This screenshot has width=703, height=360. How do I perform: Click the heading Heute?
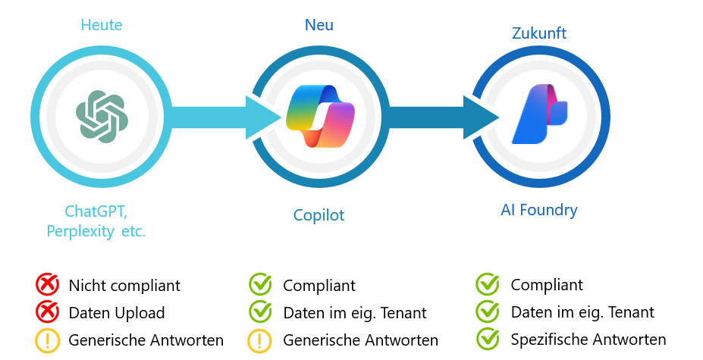tap(102, 26)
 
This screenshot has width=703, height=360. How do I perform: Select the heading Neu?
tap(319, 26)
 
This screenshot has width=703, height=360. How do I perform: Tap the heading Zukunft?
tap(539, 33)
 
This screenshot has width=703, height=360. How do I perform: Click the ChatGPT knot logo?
tap(102, 116)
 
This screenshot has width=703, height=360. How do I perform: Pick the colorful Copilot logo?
tap(319, 116)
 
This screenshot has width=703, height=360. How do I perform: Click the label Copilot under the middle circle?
tap(319, 215)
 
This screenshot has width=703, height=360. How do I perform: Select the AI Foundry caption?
tap(539, 210)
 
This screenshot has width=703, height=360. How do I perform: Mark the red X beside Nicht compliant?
tap(47, 286)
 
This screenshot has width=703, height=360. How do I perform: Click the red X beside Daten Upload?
tap(47, 312)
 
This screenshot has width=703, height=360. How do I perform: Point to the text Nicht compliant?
tap(124, 286)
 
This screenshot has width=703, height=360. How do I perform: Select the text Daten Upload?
tap(117, 312)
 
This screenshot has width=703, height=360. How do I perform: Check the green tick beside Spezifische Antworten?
tap(488, 339)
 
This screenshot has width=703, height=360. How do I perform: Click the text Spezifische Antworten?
tap(588, 339)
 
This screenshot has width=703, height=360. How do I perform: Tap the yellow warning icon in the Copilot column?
tap(260, 340)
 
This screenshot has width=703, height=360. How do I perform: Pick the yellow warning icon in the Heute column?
tap(47, 340)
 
